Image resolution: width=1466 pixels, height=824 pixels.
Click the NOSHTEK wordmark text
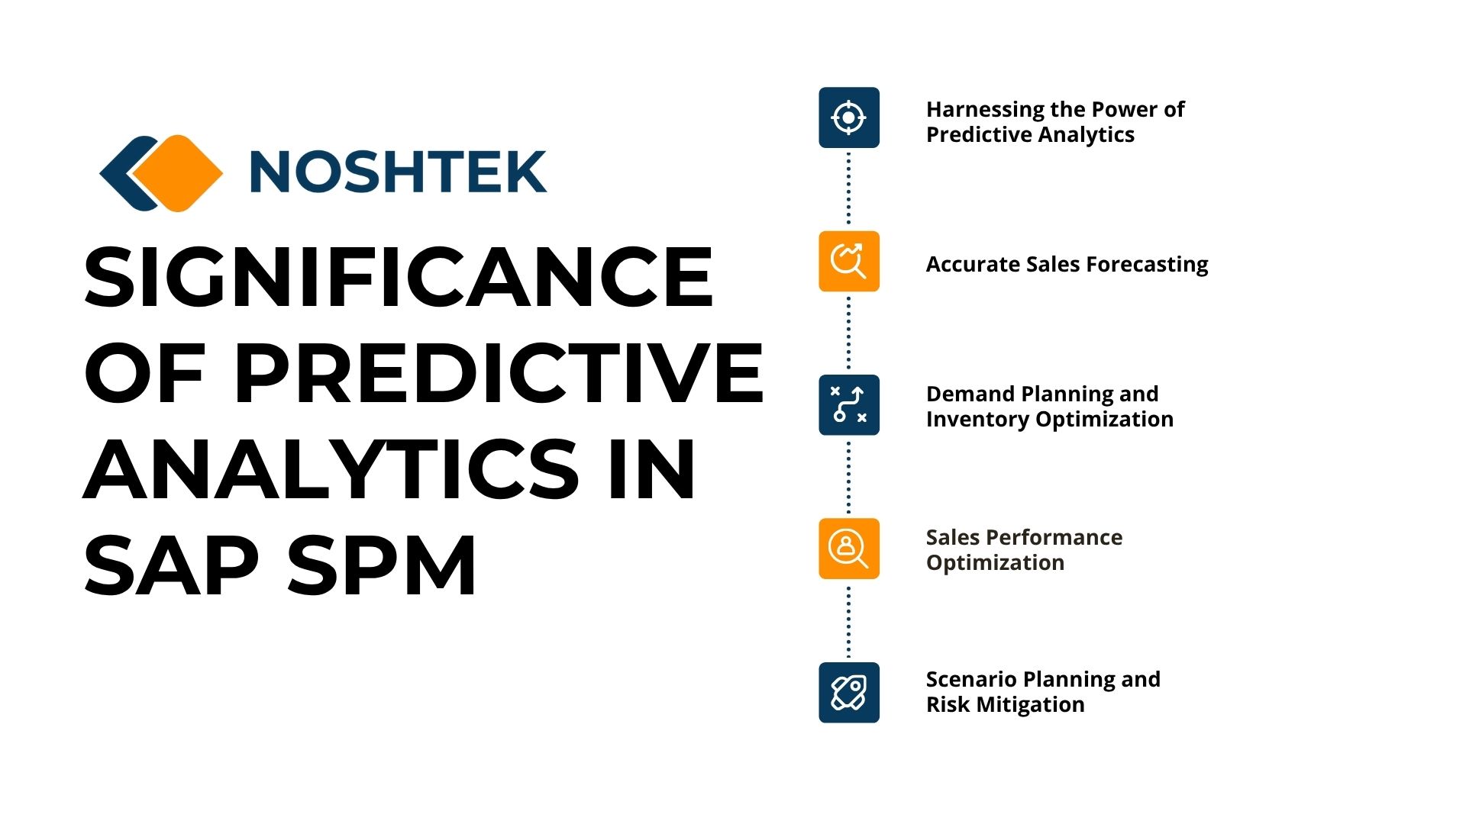(398, 171)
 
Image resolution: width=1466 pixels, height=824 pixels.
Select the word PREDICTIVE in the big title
(499, 373)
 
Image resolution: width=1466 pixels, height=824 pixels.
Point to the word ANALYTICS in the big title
(331, 468)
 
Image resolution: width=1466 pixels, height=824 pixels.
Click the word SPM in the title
(382, 565)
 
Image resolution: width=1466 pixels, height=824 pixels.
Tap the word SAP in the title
(171, 565)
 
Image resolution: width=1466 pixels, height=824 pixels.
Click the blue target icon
(849, 117)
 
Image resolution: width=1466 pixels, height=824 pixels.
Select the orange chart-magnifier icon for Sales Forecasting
(849, 261)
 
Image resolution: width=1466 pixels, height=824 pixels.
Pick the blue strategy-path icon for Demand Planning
(849, 405)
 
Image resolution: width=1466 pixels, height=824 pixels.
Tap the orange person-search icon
(849, 549)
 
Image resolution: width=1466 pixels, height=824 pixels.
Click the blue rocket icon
(849, 692)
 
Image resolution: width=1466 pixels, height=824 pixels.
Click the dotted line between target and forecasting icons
(849, 189)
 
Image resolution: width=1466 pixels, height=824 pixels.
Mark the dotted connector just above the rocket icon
(849, 620)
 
